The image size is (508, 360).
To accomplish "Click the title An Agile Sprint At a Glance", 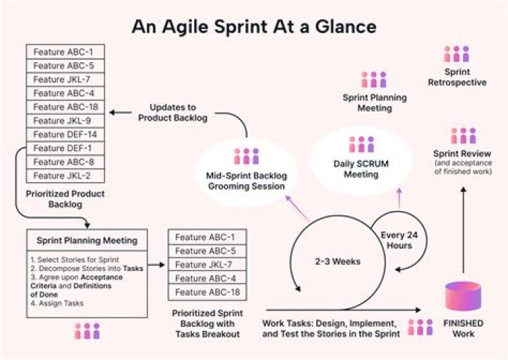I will pos(253,26).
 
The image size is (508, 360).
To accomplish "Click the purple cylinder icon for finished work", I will pos(463,297).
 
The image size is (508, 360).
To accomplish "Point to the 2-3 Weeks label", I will pos(337,261).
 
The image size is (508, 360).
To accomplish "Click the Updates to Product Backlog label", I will pos(179,113).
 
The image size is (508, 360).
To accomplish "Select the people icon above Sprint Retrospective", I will pos(456,54).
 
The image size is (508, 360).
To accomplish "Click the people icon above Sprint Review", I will pos(463,136).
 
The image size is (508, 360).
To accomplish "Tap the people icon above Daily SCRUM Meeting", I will pos(361,145).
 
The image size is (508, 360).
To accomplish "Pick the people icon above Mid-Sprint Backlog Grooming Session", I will pos(246,156).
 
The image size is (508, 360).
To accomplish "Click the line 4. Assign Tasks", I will pos(57,304).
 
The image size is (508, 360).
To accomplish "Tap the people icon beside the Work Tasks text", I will pos(421,328).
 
